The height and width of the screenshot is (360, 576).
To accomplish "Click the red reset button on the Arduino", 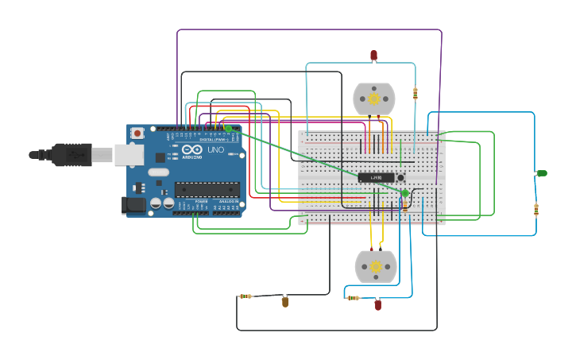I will [137, 133].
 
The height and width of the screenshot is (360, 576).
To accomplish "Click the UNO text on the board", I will [215, 149].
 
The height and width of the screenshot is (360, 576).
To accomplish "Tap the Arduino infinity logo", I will [192, 149].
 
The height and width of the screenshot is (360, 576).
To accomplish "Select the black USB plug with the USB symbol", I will [72, 154].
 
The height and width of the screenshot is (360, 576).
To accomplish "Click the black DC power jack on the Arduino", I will [135, 205].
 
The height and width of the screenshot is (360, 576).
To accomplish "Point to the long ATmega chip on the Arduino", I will [207, 189].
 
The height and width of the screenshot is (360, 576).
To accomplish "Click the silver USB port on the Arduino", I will [129, 154].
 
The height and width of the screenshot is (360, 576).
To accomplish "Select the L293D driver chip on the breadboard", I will [376, 177].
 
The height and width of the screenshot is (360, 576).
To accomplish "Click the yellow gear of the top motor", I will [374, 99].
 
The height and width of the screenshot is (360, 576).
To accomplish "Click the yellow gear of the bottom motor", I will [376, 267].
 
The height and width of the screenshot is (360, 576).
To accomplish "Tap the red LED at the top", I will [374, 56].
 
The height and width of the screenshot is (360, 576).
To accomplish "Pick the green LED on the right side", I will [542, 173].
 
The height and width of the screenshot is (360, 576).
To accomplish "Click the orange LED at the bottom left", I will [285, 302].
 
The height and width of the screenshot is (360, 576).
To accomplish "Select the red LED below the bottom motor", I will [377, 304].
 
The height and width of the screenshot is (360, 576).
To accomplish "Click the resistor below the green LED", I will [536, 210].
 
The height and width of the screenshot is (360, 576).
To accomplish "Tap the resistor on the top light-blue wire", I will [415, 94].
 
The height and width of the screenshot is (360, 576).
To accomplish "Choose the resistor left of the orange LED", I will [245, 296].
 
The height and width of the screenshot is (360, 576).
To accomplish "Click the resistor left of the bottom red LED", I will [352, 298].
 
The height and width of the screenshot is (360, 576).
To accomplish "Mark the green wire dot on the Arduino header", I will [228, 128].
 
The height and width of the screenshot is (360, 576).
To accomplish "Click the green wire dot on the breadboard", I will [405, 193].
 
